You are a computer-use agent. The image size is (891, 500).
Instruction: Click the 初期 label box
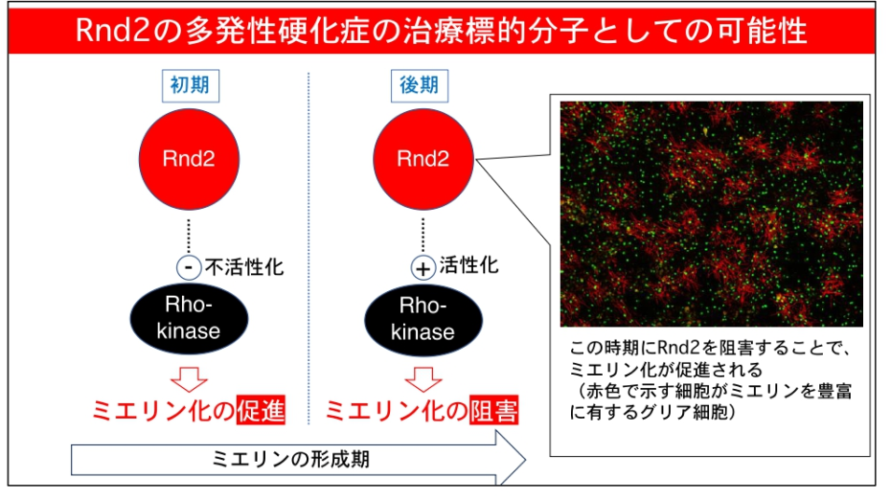point(189,85)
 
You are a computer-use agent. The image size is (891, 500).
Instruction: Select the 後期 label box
point(419,85)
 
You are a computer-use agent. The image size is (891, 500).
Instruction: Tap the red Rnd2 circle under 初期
point(189,159)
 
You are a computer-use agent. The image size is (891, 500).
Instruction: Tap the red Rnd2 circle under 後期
point(423,159)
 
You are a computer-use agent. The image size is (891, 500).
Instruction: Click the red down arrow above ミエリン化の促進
point(190,378)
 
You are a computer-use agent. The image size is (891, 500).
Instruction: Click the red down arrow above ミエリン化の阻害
point(422,378)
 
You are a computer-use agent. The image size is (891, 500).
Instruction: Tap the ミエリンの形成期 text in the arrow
point(291,459)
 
